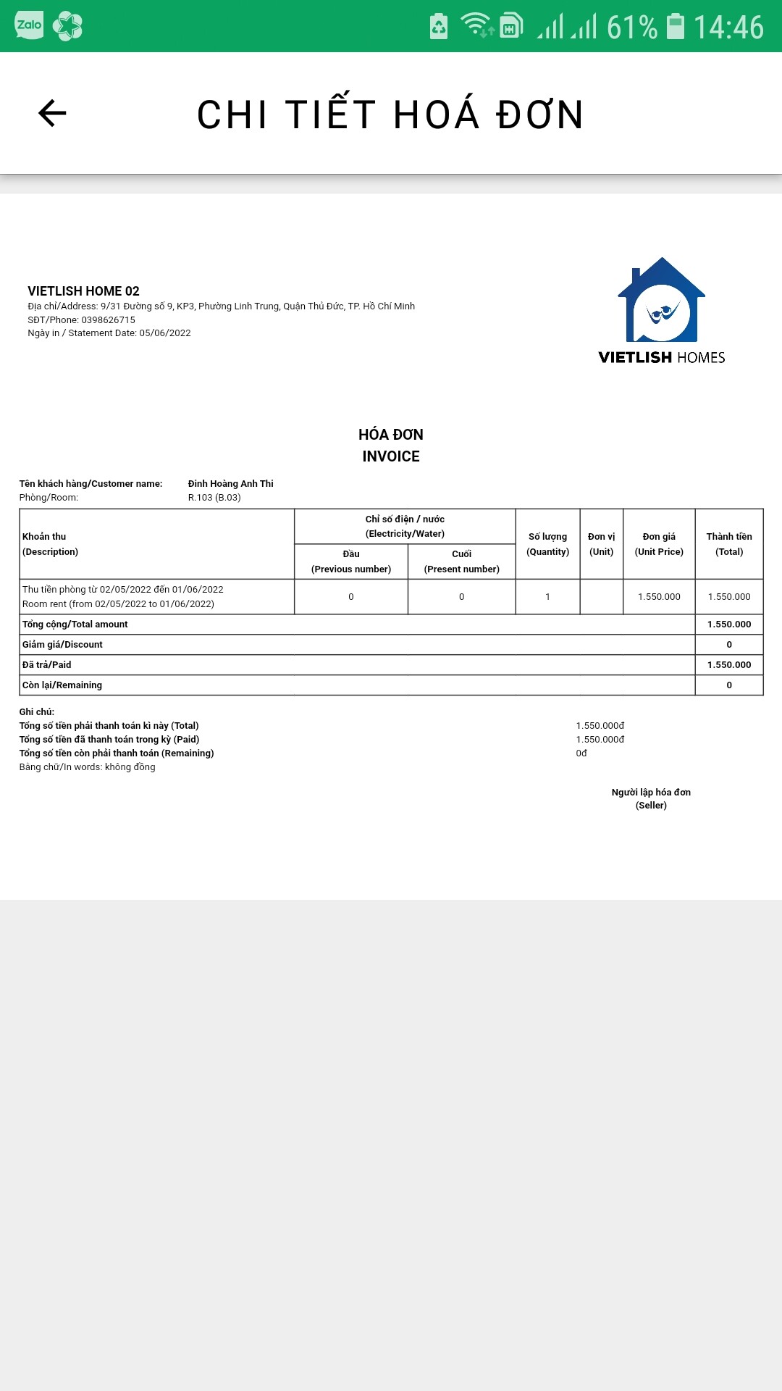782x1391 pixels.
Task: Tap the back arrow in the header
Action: [52, 113]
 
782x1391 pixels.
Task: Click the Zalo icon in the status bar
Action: [29, 25]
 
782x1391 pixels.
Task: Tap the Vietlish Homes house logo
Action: [661, 301]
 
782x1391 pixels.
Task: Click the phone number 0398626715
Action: [108, 319]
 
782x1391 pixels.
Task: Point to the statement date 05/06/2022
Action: [165, 333]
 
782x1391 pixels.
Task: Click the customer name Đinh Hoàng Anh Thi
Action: [230, 483]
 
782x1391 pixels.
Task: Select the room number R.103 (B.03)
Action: [214, 498]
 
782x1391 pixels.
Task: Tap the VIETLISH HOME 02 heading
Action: [83, 291]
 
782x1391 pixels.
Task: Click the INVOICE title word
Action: [391, 456]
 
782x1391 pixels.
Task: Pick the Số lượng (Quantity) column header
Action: [547, 544]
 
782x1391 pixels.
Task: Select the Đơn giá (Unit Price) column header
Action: [659, 544]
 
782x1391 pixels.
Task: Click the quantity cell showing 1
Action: [547, 597]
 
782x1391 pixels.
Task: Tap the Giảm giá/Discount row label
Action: [62, 645]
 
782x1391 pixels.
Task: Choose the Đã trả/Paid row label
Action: [46, 665]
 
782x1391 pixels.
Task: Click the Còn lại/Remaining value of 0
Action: [729, 685]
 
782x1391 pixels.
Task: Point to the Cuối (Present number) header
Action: [461, 561]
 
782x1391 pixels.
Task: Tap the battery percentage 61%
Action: [631, 28]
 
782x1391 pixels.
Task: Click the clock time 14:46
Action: [728, 28]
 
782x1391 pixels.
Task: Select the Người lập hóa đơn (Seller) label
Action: [651, 798]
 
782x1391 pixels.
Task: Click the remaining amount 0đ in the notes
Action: [581, 753]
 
